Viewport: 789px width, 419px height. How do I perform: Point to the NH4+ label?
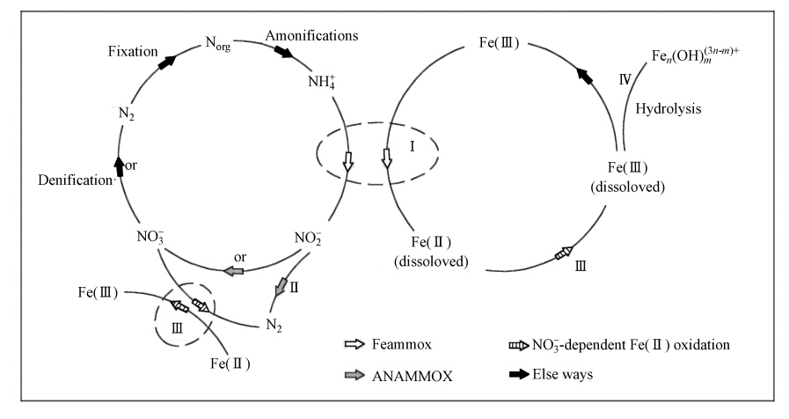(x=319, y=84)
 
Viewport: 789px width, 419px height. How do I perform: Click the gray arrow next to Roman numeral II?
(x=280, y=287)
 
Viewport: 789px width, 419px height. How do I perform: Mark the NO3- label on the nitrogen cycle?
(x=151, y=236)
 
